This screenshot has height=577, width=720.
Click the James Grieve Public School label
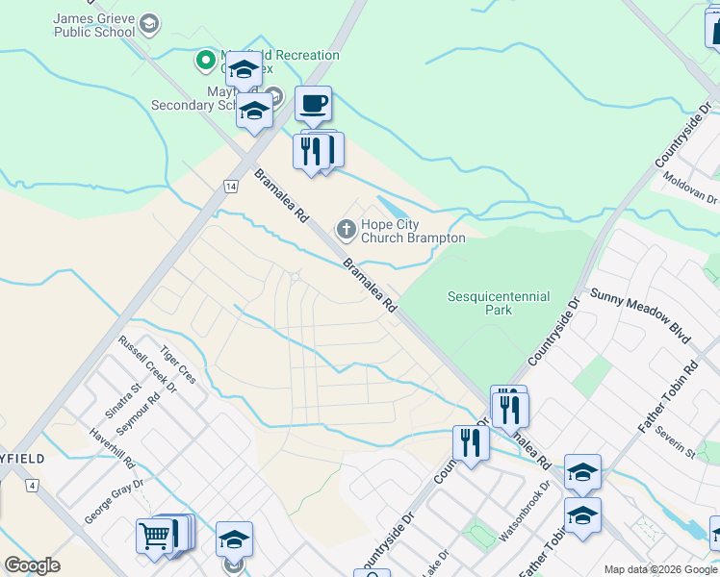click(x=94, y=25)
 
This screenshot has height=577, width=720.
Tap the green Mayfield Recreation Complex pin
click(x=205, y=62)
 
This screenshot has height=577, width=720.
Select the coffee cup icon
click(x=313, y=103)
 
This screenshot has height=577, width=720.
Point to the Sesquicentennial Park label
click(x=499, y=304)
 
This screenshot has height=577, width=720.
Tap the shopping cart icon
click(x=154, y=535)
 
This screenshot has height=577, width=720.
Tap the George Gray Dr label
click(x=113, y=501)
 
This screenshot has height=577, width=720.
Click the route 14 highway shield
click(x=230, y=184)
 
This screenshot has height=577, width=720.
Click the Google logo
click(x=33, y=565)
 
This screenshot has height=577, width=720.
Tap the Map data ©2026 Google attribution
click(x=660, y=569)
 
